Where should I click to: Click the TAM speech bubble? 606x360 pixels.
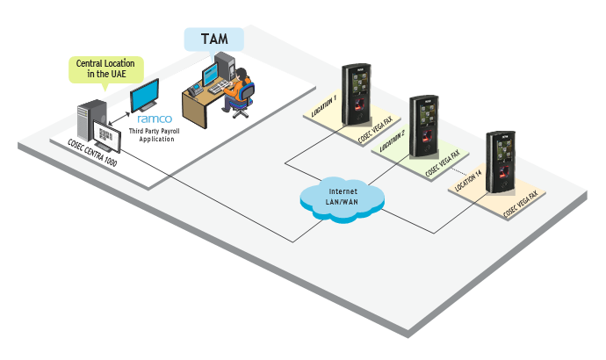click(x=213, y=40)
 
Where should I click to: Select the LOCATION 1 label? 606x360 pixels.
click(x=323, y=107)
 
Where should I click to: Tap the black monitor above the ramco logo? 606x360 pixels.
click(x=145, y=95)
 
